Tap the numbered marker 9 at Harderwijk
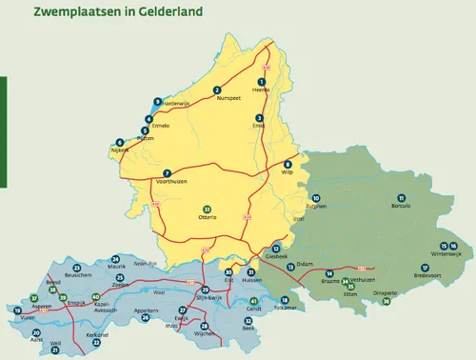(157, 102)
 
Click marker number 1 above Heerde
(263, 81)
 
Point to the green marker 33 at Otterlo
(207, 209)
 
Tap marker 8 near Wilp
(288, 164)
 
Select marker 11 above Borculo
(397, 197)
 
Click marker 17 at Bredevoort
(425, 267)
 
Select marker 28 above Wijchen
(203, 326)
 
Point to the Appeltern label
(147, 310)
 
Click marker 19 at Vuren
(17, 310)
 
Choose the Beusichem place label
(77, 275)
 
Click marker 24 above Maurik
(115, 259)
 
